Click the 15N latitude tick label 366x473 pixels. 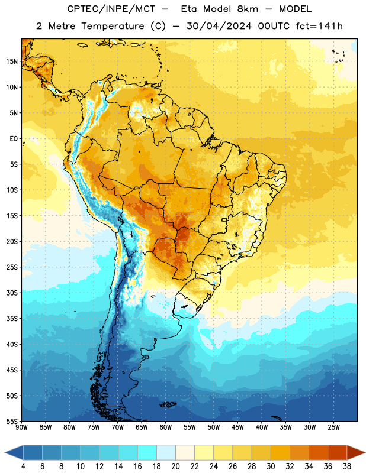12,61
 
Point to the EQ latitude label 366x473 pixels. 14,139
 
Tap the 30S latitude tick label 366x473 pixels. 12,293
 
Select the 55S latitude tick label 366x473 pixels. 12,422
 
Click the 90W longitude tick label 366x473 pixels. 21,427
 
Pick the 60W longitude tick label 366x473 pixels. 166,427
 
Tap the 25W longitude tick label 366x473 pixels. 333,427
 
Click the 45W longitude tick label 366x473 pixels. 237,427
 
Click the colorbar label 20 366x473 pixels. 175,466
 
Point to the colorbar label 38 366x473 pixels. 347,466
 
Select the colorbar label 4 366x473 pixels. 23,466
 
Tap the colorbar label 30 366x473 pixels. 271,466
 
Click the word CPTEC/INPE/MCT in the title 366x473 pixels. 111,9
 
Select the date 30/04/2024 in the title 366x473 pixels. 219,26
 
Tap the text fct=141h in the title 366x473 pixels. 319,26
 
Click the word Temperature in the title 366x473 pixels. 113,27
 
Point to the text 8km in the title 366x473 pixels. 248,9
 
